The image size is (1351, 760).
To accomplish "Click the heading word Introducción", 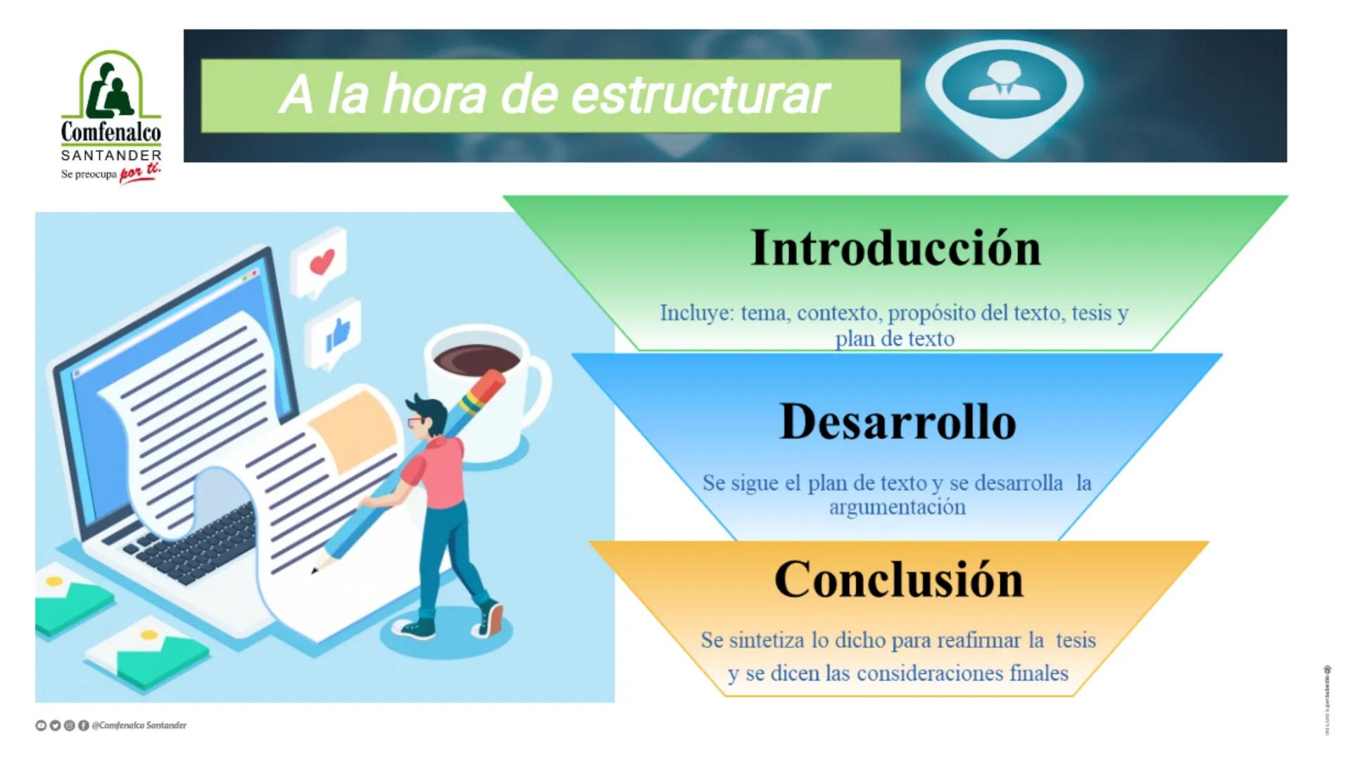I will pyautogui.click(x=896, y=248).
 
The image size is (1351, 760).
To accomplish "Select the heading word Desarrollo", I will pyautogui.click(x=898, y=422).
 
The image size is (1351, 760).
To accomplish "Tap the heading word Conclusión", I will pyautogui.click(x=898, y=580).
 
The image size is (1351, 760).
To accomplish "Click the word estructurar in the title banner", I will pyautogui.click(x=700, y=95).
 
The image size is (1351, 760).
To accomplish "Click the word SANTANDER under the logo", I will pyautogui.click(x=111, y=156).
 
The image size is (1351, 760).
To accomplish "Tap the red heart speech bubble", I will pyautogui.click(x=321, y=263).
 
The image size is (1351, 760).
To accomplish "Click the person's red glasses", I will pyautogui.click(x=415, y=422).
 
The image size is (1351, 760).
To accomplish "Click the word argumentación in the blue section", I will pyautogui.click(x=897, y=507).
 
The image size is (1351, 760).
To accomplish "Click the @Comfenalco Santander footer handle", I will pyautogui.click(x=139, y=726).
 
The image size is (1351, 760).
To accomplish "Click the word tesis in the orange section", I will pyautogui.click(x=1075, y=640).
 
